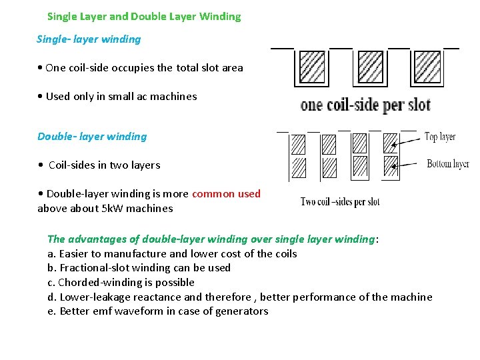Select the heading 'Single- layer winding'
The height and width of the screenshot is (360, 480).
click(89, 39)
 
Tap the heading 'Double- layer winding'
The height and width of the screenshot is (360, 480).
click(92, 137)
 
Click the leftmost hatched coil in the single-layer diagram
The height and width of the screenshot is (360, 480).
click(312, 66)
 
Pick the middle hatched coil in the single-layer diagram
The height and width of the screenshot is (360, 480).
click(371, 66)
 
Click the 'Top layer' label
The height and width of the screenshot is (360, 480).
click(440, 137)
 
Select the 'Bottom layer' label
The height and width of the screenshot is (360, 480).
click(448, 163)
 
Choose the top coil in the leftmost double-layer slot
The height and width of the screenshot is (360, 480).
click(298, 143)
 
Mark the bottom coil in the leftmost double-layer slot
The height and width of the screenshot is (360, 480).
click(298, 166)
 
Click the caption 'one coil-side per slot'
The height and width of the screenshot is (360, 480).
click(365, 105)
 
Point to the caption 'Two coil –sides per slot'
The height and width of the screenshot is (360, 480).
click(340, 201)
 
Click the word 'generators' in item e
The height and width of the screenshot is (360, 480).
click(242, 311)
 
